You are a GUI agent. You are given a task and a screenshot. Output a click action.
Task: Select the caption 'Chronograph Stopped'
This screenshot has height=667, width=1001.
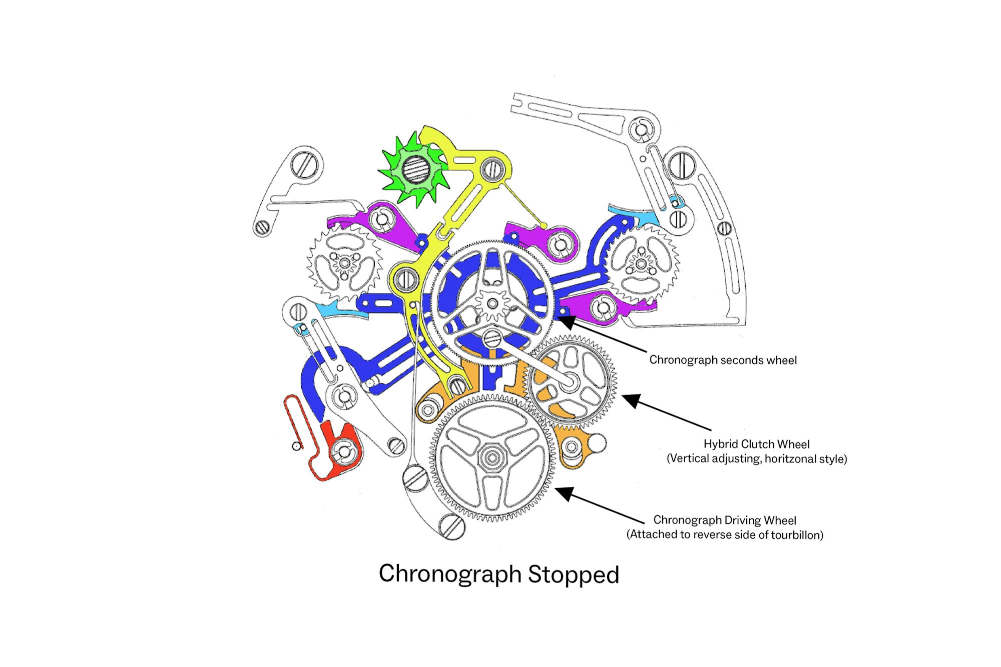499,574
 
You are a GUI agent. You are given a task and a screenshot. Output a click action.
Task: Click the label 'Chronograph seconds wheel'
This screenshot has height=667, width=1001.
723,360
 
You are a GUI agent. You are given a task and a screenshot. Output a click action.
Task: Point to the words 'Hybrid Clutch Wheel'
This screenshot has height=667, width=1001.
756,444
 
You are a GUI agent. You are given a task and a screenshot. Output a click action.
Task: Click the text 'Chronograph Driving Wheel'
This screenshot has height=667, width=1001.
724,520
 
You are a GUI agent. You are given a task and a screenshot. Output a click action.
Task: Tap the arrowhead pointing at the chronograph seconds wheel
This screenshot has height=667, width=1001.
565,320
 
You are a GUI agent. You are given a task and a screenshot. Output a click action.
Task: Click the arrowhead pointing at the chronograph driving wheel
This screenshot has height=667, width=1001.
564,493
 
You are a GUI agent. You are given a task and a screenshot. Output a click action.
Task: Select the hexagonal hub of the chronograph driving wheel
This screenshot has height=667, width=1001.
491,457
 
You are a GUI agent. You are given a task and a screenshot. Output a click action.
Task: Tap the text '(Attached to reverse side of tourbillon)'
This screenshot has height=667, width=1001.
724,535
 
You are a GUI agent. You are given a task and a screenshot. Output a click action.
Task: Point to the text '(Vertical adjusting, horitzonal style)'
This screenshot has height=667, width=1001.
756,459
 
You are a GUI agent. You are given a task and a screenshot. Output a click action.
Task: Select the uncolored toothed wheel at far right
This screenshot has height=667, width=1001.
642,263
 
